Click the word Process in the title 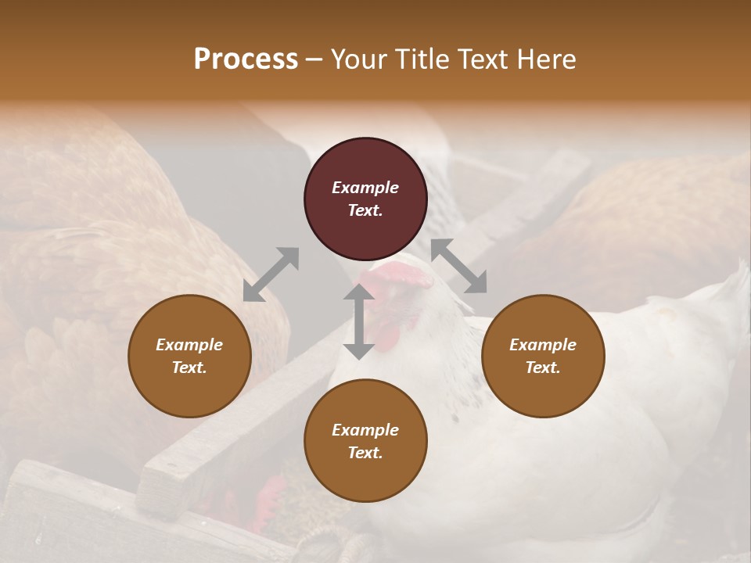point(246,59)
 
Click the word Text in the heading point(485,59)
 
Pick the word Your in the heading point(360,59)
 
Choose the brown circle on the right point(543,383)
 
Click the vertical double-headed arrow point(359,321)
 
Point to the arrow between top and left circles point(271,274)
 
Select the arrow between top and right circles point(458,266)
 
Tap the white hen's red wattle point(387,336)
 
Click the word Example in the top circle point(365,188)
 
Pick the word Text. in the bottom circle point(365,453)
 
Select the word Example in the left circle point(189,345)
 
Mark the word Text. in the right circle point(543,368)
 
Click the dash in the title point(314,59)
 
